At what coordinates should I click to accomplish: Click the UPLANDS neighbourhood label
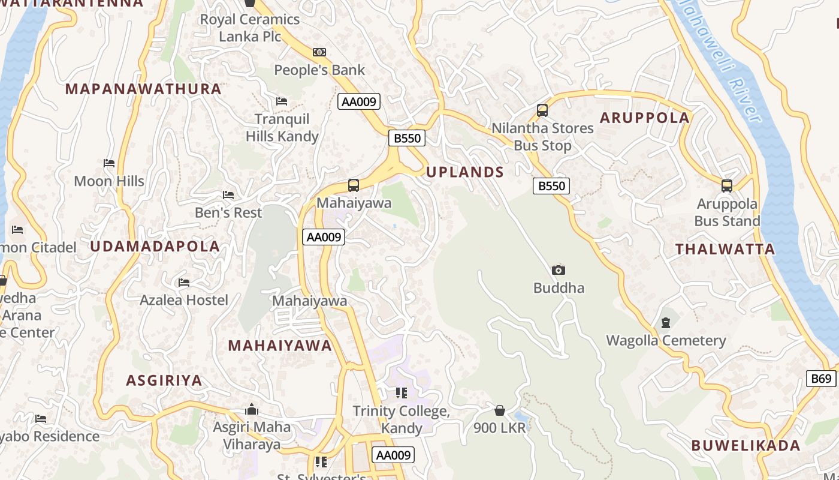click(464, 172)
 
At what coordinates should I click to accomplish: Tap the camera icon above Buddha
click(558, 271)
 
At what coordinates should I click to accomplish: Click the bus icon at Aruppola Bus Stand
click(726, 185)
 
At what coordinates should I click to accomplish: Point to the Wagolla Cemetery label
click(666, 341)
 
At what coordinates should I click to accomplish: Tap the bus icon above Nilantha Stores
click(542, 110)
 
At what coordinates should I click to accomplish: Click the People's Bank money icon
click(319, 52)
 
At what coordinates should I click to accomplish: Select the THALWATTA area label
click(725, 249)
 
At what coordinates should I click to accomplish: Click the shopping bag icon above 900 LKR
click(499, 410)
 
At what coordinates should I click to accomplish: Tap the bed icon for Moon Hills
click(108, 163)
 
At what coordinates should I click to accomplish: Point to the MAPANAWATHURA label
click(143, 89)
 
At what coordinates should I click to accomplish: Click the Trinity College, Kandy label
click(401, 419)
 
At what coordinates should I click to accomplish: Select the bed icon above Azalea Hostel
click(183, 282)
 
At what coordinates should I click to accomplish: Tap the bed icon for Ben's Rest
click(228, 195)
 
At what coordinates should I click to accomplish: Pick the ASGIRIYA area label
click(164, 380)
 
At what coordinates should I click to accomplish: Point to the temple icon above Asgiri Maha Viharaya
click(252, 410)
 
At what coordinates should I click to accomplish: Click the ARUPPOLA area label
click(645, 118)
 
